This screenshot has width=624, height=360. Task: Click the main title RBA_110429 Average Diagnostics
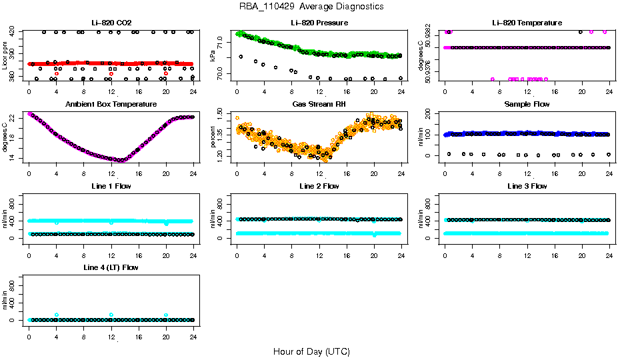pos(311,7)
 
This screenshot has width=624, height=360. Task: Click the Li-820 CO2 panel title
pos(111,23)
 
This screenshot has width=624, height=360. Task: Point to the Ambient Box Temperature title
pos(111,105)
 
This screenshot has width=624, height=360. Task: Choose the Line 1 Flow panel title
pos(111,186)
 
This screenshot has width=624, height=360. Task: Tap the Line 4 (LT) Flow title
pos(111,267)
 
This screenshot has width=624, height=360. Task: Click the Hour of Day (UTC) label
pos(311,351)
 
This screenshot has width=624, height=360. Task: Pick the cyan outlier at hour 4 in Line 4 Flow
pos(57,315)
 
